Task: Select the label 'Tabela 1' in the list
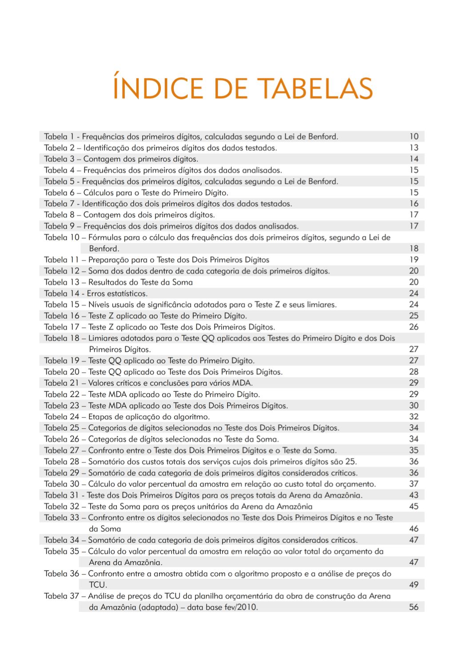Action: click(x=59, y=137)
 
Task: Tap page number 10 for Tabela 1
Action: click(x=414, y=137)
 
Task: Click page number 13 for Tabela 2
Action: click(x=414, y=148)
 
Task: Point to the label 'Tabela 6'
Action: click(x=59, y=193)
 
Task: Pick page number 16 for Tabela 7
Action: click(x=414, y=204)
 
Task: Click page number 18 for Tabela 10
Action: click(x=414, y=249)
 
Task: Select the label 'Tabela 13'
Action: click(x=62, y=282)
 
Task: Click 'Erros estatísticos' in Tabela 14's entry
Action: click(x=117, y=293)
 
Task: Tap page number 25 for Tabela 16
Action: click(x=414, y=316)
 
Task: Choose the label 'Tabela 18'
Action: click(x=62, y=338)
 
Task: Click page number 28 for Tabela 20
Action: click(x=414, y=372)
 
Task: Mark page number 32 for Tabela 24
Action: click(x=414, y=417)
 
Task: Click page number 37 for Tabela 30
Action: click(x=414, y=484)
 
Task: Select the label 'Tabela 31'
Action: click(x=62, y=495)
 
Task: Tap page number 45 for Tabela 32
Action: click(x=414, y=506)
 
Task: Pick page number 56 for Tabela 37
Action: click(x=414, y=607)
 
